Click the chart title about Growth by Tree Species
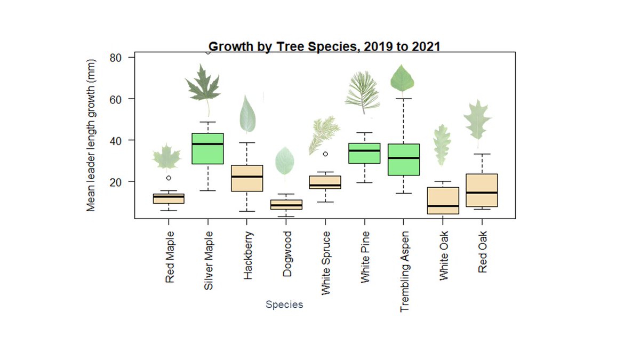pos(324,46)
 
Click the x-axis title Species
pos(284,305)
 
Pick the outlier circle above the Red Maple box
pos(169,178)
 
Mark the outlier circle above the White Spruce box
pos(325,154)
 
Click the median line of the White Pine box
pos(364,150)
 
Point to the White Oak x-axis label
pos(444,255)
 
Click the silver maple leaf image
pos(203,85)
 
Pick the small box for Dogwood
pos(286,205)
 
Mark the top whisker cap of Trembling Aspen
pos(403,99)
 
